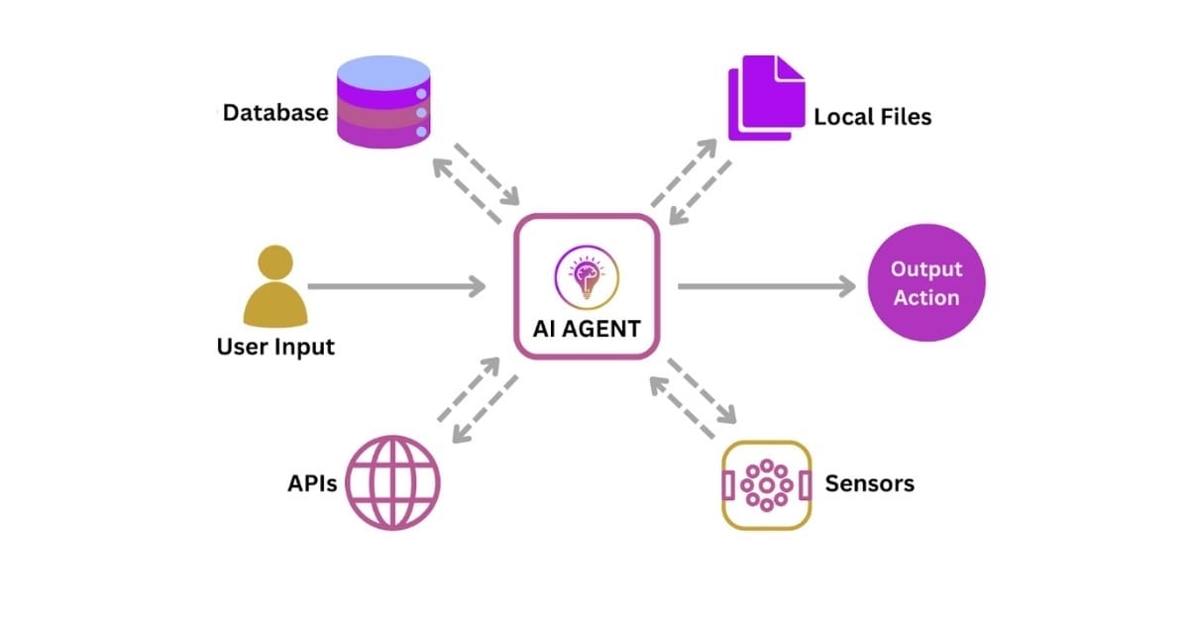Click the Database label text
(x=275, y=113)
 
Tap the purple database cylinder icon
(x=383, y=102)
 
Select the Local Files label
(x=873, y=117)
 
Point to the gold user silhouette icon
(x=274, y=286)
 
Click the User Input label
(x=275, y=347)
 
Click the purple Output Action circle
(x=925, y=283)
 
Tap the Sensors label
(x=869, y=483)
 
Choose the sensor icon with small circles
(x=766, y=485)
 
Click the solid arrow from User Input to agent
(x=396, y=286)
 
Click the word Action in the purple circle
(x=926, y=297)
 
